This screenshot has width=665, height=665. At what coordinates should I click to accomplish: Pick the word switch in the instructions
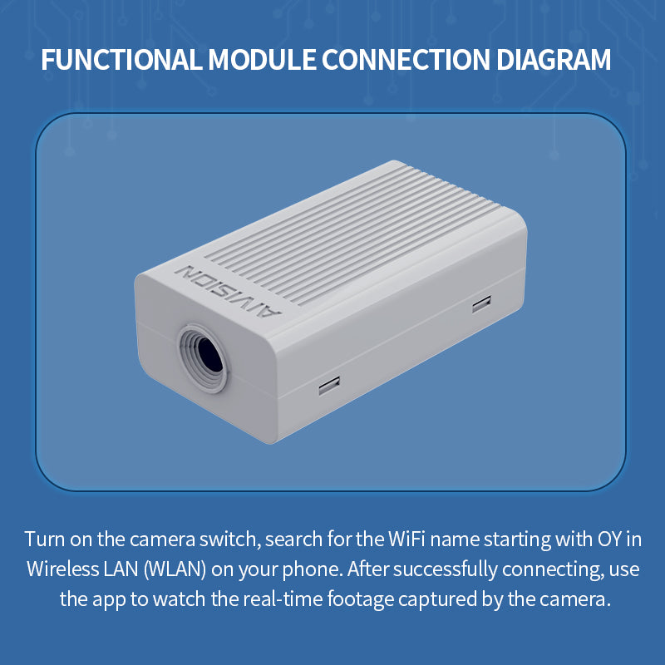pos(236,539)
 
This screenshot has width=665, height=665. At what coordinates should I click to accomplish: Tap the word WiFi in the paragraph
pos(409,539)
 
